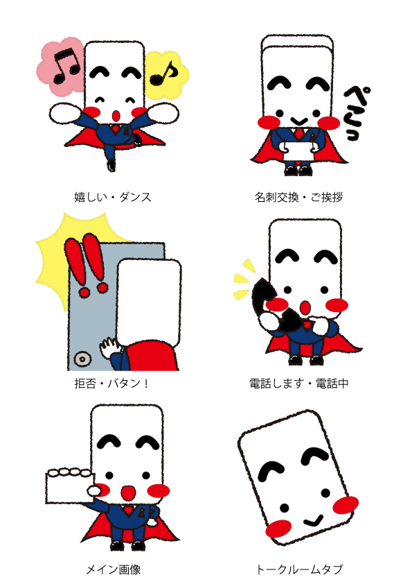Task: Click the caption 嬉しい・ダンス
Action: [113, 197]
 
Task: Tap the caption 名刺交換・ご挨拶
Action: [298, 197]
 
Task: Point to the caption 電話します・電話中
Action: [299, 383]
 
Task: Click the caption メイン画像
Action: [114, 569]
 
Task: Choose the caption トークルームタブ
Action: [299, 569]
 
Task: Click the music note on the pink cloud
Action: [66, 66]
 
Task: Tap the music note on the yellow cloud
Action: [163, 73]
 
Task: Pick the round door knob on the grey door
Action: [82, 359]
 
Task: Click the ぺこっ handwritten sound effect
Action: [356, 114]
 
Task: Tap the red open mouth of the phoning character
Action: [305, 307]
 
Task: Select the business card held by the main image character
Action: [69, 486]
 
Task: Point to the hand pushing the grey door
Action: [110, 347]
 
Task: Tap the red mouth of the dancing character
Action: [116, 115]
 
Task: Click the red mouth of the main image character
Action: [129, 492]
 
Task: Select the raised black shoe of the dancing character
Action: [111, 165]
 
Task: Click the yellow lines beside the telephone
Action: [244, 280]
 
